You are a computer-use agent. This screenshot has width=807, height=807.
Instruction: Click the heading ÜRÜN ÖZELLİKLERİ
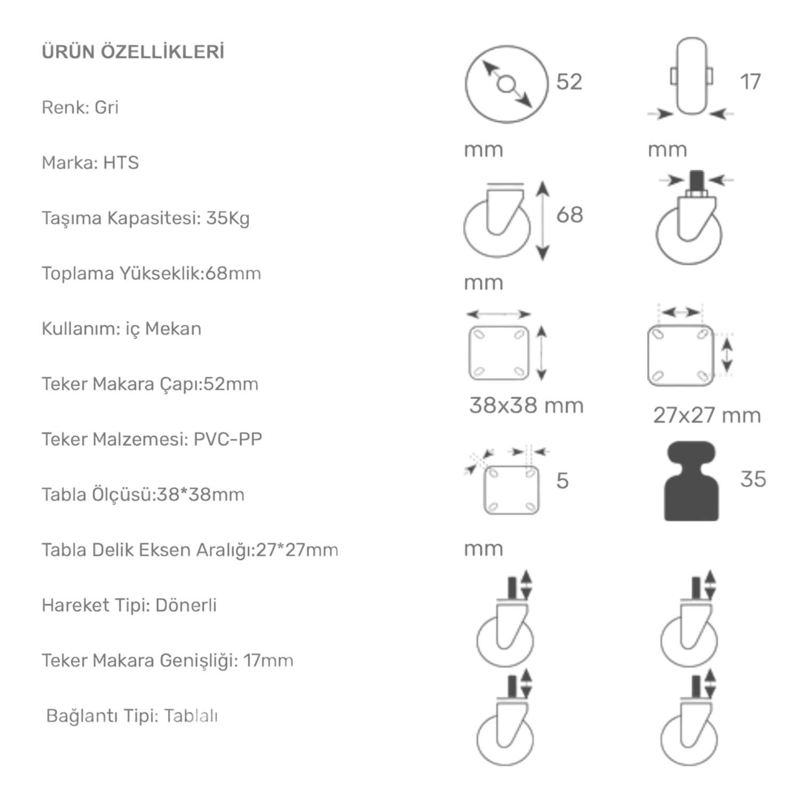(x=133, y=52)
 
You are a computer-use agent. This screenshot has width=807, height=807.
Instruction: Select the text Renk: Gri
(x=80, y=107)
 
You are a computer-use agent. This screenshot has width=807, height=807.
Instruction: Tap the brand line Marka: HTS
(x=90, y=162)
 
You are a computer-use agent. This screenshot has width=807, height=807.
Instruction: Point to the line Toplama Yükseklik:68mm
(x=152, y=273)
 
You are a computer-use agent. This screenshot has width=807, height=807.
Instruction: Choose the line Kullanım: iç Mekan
(x=122, y=329)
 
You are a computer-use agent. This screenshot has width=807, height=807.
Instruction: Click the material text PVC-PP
(x=228, y=439)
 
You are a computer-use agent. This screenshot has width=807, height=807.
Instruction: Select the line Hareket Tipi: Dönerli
(x=129, y=605)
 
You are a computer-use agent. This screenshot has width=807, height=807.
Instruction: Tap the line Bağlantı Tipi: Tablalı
(x=132, y=716)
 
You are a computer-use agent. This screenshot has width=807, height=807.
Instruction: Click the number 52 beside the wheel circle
(x=569, y=82)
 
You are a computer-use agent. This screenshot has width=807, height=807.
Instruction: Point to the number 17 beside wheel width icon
(x=750, y=82)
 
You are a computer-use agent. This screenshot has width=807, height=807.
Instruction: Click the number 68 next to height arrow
(x=569, y=215)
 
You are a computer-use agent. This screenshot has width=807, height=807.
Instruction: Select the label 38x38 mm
(x=526, y=406)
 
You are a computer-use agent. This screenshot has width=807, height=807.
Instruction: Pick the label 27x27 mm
(x=707, y=415)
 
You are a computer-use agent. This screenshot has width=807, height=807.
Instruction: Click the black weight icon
(x=691, y=481)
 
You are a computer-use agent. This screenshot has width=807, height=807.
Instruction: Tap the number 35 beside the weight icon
(x=753, y=479)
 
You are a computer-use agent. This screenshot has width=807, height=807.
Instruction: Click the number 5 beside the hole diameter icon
(x=563, y=481)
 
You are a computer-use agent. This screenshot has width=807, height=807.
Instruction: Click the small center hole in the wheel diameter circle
(x=506, y=84)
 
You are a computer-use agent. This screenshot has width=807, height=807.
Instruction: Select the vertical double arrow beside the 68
(x=542, y=220)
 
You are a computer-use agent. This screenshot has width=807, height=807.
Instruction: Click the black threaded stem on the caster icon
(x=696, y=183)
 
